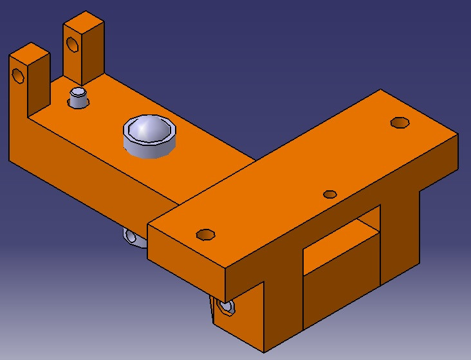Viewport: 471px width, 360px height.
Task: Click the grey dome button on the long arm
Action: (x=149, y=128)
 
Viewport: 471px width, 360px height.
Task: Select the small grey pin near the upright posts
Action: (x=78, y=97)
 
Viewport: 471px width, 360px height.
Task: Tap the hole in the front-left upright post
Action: (x=19, y=75)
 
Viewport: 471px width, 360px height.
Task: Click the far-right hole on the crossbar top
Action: (x=400, y=122)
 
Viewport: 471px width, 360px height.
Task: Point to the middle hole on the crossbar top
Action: (x=330, y=194)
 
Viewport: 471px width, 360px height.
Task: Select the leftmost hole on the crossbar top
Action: (x=205, y=234)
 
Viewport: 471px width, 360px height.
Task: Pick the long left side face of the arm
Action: (x=84, y=174)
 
